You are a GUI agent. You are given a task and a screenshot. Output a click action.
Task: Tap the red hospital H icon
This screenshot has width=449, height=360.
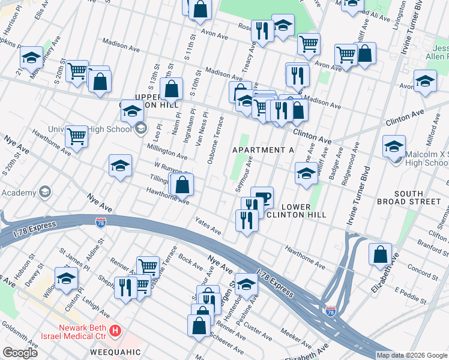click(x=116, y=330)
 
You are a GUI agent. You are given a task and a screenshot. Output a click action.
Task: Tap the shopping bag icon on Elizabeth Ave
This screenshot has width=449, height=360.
click(x=380, y=254)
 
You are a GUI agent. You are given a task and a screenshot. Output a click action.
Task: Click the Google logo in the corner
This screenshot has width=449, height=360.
click(x=20, y=352)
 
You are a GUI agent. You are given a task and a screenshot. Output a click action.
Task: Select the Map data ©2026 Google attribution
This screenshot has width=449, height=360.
click(x=412, y=355)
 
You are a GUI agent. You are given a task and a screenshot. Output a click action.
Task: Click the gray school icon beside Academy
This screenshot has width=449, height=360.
click(x=44, y=192)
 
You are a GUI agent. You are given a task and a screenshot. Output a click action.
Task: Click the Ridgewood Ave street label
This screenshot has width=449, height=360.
click(x=350, y=164)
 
